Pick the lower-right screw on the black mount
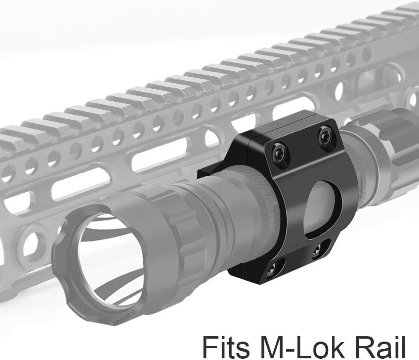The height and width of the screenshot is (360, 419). pos(317,249)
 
